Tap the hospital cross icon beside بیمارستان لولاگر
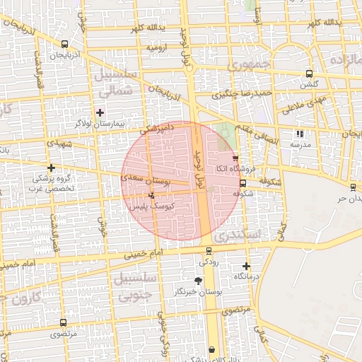click(x=100, y=112)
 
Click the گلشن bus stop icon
click(x=308, y=74)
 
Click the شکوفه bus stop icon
click(x=243, y=183)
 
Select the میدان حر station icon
click(x=352, y=187)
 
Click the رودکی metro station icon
click(x=209, y=251)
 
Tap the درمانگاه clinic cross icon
click(x=246, y=267)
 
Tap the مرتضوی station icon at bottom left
click(x=64, y=322)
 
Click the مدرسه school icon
click(x=300, y=133)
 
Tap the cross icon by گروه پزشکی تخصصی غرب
click(x=51, y=168)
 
